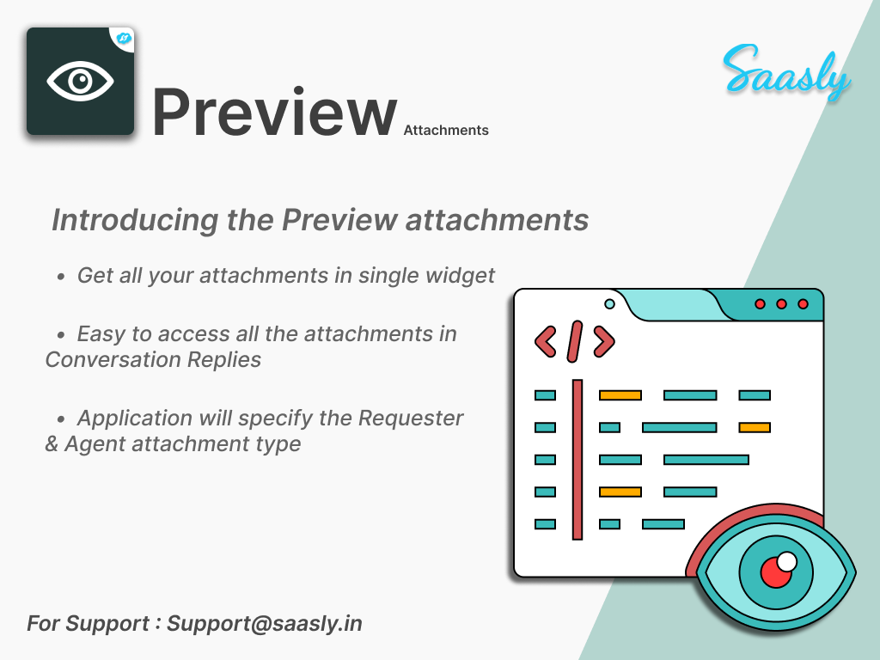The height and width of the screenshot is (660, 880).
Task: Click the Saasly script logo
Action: click(x=786, y=72)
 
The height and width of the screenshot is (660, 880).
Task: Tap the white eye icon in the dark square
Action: click(x=80, y=82)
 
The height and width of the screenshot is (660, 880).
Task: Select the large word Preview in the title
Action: click(x=274, y=112)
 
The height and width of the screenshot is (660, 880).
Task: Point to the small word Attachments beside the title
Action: click(x=446, y=131)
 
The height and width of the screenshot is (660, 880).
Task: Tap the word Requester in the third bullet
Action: click(x=411, y=419)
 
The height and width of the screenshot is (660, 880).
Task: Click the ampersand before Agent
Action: click(x=52, y=444)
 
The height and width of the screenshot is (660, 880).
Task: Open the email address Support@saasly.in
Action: click(x=265, y=623)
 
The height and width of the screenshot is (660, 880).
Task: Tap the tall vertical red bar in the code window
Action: click(x=577, y=459)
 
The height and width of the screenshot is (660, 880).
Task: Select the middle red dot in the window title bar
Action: click(x=781, y=304)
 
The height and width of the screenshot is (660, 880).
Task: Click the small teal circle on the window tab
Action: click(x=610, y=303)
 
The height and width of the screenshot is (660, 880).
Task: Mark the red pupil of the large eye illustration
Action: click(x=777, y=571)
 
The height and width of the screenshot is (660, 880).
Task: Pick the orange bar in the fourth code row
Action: click(x=620, y=492)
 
